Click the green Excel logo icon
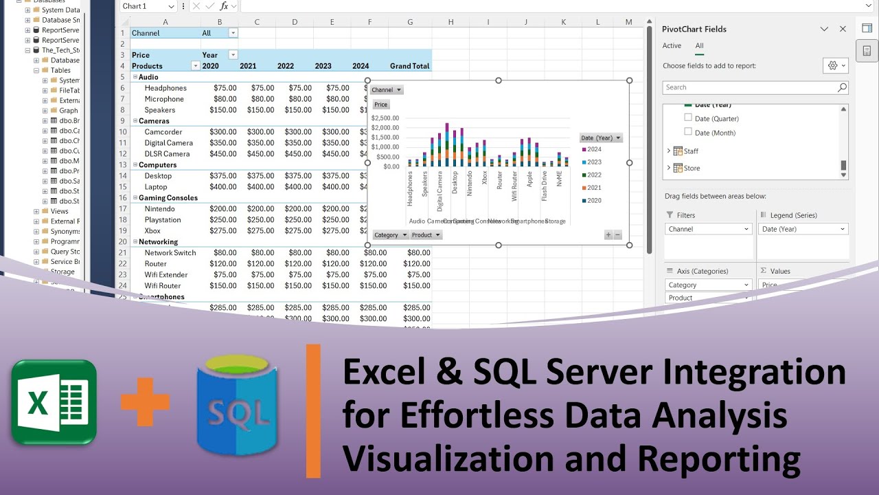pyautogui.click(x=54, y=402)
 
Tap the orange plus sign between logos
pyautogui.click(x=145, y=401)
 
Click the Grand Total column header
pyautogui.click(x=409, y=66)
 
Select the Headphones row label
pyautogui.click(x=165, y=88)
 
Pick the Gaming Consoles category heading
pyautogui.click(x=168, y=198)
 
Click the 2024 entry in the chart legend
pyautogui.click(x=593, y=149)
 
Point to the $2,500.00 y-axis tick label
pyautogui.click(x=385, y=118)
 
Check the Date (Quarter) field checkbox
pyautogui.click(x=688, y=118)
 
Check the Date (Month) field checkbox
pyautogui.click(x=688, y=132)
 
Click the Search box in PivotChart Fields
pyautogui.click(x=749, y=87)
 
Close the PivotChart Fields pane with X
pyautogui.click(x=843, y=29)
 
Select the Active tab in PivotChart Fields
pyautogui.click(x=672, y=46)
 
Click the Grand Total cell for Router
pyautogui.click(x=416, y=264)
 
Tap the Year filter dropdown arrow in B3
pyautogui.click(x=233, y=55)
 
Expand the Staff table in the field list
pyautogui.click(x=669, y=151)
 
